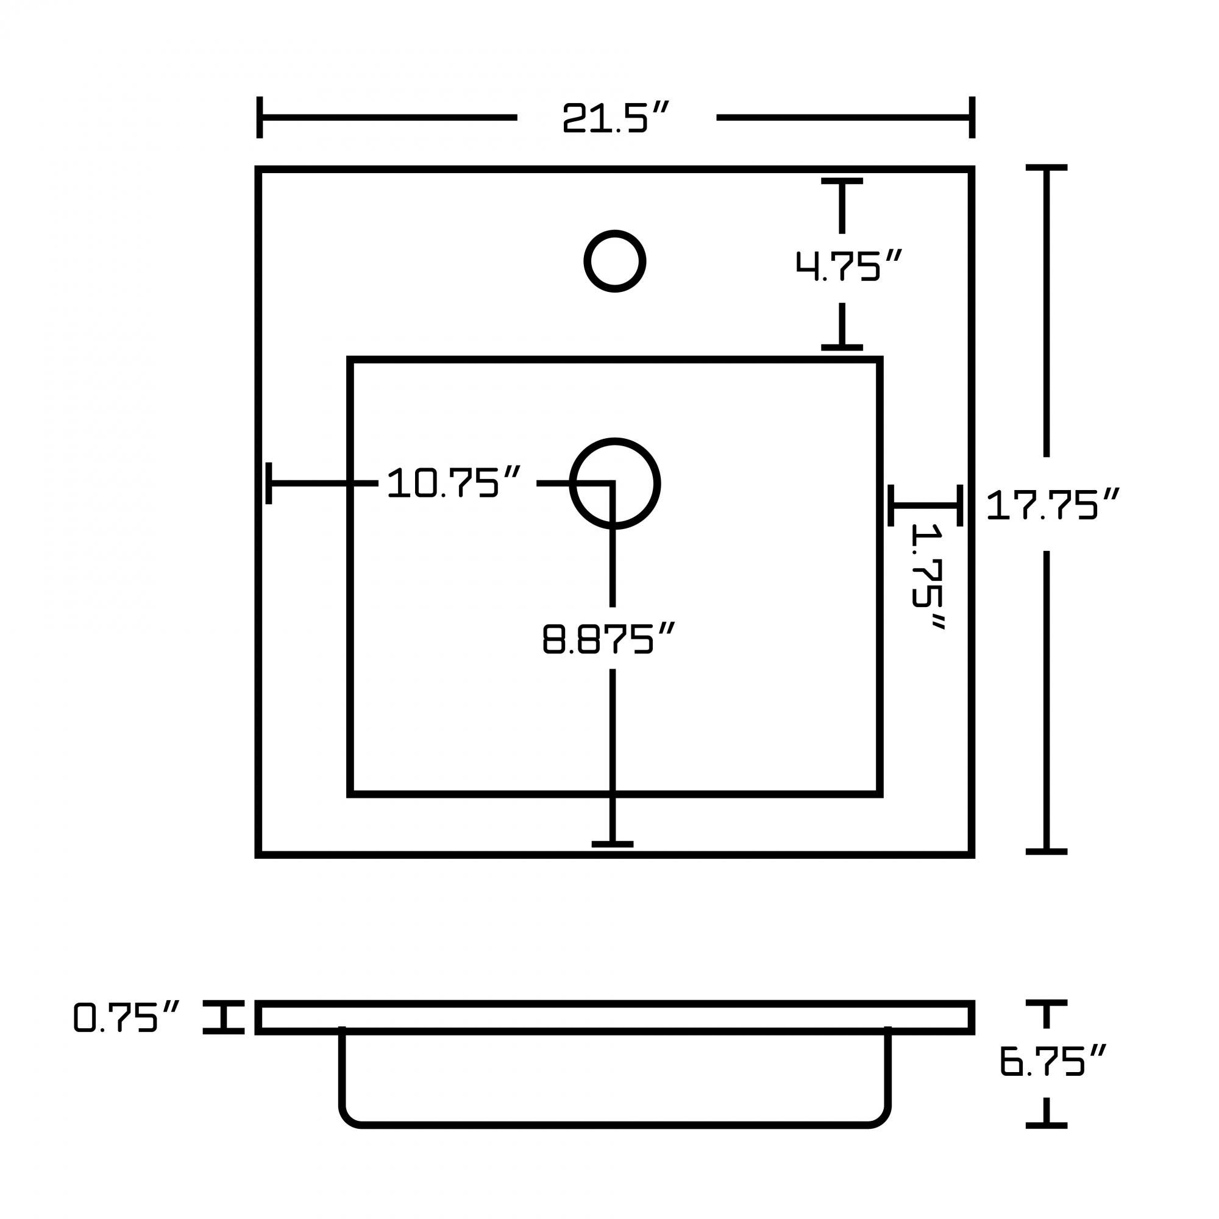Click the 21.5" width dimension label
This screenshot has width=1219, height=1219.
coord(614,118)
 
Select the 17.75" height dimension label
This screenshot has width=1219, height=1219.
coord(1052,505)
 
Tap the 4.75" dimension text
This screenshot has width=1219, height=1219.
coord(848,266)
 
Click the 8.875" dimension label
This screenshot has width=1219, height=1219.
coord(609,639)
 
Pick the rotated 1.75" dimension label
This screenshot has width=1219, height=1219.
coord(929,576)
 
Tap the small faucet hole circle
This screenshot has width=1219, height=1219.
coord(614,261)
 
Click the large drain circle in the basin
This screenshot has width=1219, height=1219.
coord(614,483)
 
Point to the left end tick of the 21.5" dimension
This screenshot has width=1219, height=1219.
coord(259,118)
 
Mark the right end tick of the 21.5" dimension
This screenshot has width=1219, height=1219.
coord(972,118)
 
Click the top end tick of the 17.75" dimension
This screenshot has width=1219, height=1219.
coord(1046,168)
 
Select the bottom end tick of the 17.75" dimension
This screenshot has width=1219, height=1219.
coord(1046,852)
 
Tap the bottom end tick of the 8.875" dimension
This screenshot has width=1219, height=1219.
coord(612,844)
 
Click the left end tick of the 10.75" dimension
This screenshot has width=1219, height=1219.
coord(269,483)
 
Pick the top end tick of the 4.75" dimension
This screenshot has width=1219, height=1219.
coord(842,181)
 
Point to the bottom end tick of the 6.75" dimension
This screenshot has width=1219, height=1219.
coord(1046,1125)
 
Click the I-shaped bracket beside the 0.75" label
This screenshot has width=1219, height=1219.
coord(223,1017)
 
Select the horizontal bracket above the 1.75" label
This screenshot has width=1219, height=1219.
coord(925,505)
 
